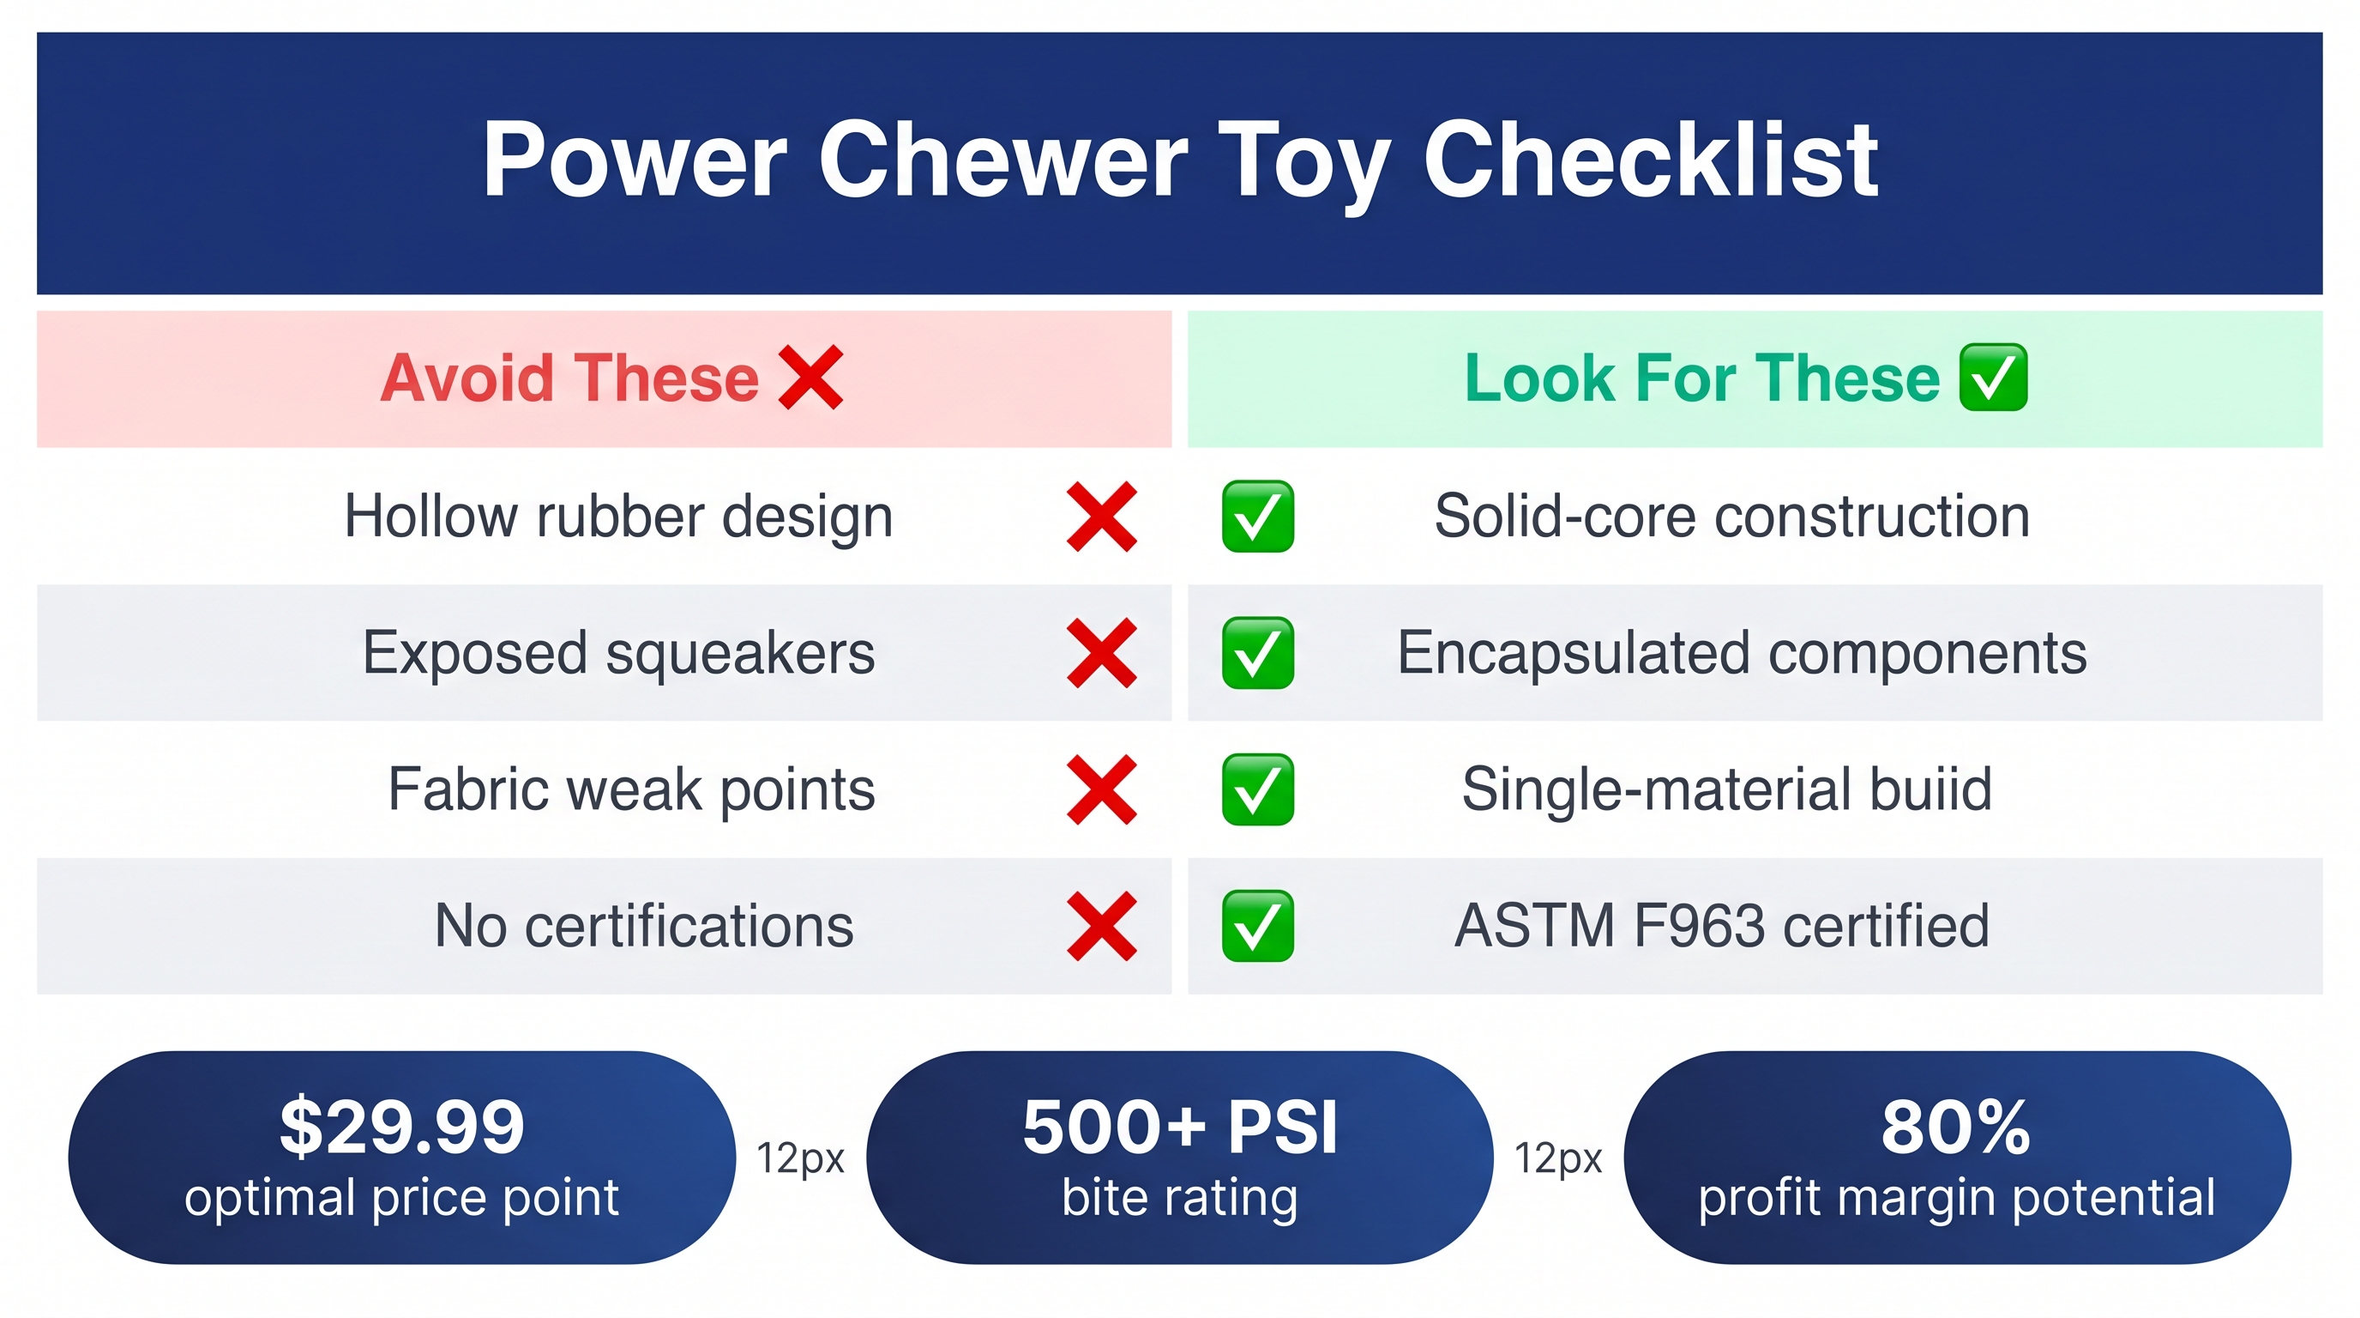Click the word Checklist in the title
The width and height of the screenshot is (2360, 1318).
tap(1650, 160)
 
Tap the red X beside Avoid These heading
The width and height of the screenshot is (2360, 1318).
tap(810, 378)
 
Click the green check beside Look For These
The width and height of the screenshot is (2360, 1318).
tap(1993, 378)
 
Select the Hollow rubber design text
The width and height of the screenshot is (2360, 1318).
tap(618, 516)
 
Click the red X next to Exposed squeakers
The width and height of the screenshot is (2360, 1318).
tap(1102, 654)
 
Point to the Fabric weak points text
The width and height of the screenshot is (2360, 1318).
tap(631, 789)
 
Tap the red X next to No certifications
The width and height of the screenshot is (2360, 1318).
tap(1102, 927)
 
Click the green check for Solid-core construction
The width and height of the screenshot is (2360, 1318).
tap(1258, 516)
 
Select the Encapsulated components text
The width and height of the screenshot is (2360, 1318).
tap(1742, 654)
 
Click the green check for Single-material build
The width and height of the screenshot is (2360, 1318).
tap(1258, 789)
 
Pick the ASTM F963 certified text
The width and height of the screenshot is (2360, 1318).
tap(1722, 926)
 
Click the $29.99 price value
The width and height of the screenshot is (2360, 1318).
tap(402, 1127)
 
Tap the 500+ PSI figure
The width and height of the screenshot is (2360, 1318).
tap(1180, 1127)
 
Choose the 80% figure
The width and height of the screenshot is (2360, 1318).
tap(1956, 1127)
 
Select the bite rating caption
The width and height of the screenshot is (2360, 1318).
tap(1180, 1198)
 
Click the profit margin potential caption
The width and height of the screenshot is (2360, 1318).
tap(1957, 1198)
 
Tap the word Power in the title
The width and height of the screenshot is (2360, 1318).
tap(635, 160)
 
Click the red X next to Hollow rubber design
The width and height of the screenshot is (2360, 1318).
tap(1102, 517)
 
